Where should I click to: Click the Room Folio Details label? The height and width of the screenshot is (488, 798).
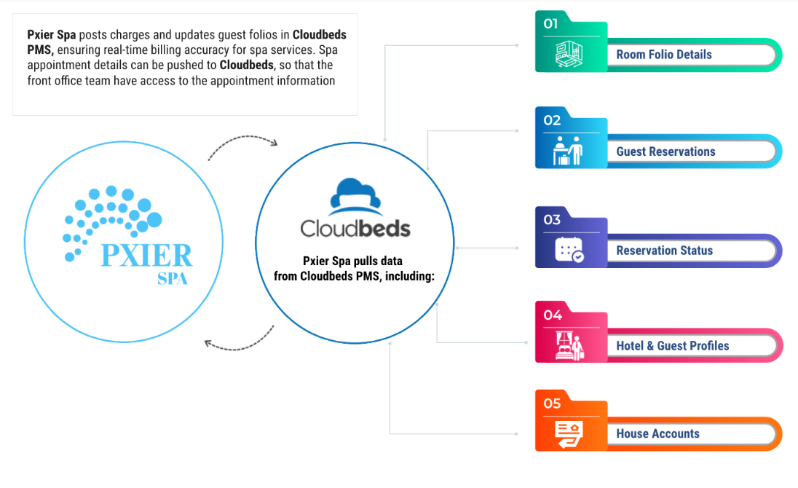[x=663, y=55]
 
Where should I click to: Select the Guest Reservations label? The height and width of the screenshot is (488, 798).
[x=665, y=151]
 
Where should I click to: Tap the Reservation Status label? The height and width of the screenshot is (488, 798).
[x=664, y=251]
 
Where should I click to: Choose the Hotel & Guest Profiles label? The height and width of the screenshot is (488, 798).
[x=672, y=346]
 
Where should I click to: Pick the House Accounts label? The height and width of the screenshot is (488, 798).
[x=657, y=433]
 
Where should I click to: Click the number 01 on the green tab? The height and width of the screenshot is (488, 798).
[x=551, y=23]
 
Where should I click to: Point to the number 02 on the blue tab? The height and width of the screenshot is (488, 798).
[x=552, y=120]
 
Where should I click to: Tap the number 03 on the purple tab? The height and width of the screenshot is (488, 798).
[x=552, y=219]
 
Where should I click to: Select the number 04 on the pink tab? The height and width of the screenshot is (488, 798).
[x=553, y=315]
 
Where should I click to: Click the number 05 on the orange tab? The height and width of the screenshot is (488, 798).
[x=552, y=403]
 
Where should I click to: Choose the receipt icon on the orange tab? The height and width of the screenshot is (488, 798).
[x=569, y=433]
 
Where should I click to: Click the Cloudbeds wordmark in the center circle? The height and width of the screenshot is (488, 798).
[x=355, y=228]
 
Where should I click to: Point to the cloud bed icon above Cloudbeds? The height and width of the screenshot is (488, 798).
[x=355, y=195]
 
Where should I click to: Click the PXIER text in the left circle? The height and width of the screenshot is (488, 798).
[x=146, y=256]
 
